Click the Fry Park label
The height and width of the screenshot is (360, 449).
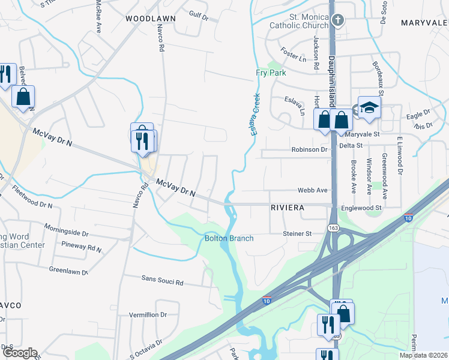(x=271, y=73)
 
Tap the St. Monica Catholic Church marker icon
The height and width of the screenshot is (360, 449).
(x=338, y=21)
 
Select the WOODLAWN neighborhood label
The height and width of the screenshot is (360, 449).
(x=151, y=19)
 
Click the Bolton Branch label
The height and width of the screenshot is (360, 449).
(x=229, y=238)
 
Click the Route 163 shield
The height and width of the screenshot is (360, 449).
(x=333, y=229)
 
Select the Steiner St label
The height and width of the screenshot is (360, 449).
(x=298, y=233)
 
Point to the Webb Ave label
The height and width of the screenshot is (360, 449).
(x=313, y=190)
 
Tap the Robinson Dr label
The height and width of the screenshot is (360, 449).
(x=310, y=149)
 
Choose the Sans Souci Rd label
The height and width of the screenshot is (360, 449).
(x=162, y=280)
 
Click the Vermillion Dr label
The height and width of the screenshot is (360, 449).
(x=148, y=314)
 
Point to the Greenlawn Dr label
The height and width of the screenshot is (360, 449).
(x=68, y=270)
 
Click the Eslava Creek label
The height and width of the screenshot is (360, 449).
(x=256, y=114)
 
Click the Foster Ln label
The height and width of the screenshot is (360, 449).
(x=294, y=59)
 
